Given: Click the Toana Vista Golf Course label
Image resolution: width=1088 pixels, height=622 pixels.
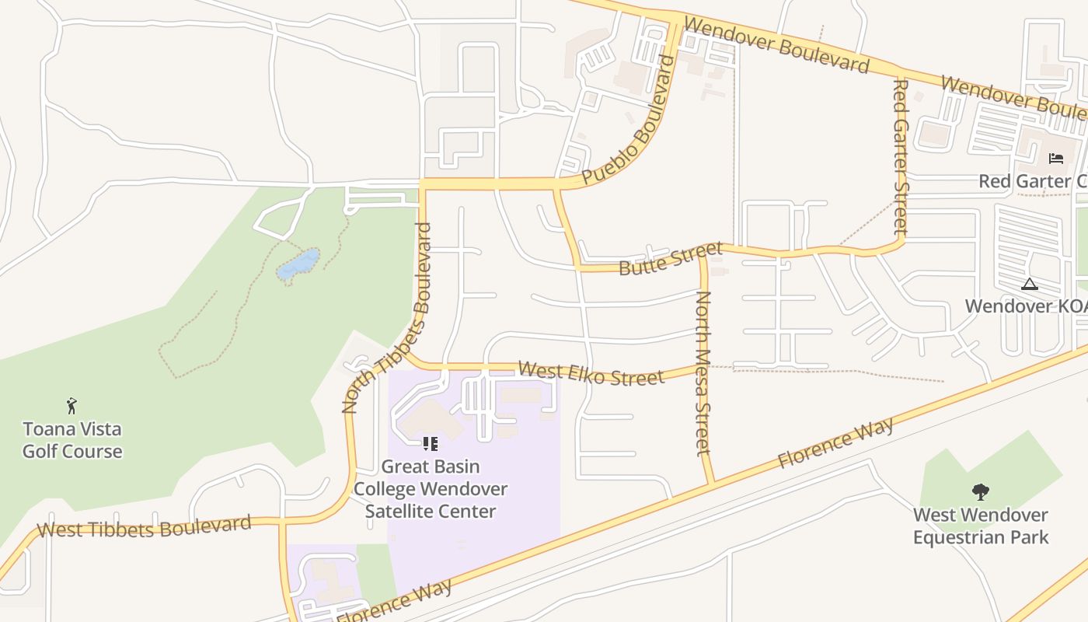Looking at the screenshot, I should coord(72,440).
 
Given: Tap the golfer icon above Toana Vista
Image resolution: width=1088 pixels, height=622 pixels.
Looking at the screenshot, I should coord(72,405).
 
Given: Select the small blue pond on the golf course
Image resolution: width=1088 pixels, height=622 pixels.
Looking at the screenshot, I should coord(298,264).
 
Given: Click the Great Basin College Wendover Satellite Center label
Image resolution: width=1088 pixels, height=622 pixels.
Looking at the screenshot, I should coord(431,489).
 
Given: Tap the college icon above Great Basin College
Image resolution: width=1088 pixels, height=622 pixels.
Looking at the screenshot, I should coord(431,444).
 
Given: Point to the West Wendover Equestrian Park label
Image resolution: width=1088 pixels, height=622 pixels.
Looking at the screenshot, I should coord(981,526).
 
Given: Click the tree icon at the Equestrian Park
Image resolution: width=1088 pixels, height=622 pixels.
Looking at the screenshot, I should coord(981,491).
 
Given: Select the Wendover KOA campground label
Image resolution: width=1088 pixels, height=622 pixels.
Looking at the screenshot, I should coord(1026,306).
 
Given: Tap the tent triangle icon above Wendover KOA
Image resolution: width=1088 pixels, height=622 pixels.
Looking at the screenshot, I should coord(1030,284).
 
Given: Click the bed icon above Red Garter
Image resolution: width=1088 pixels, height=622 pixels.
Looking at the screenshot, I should coord(1056,159).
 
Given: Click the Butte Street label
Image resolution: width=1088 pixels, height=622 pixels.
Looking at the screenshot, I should coord(671,259).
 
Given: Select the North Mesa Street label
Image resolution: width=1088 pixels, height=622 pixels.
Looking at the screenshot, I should coord(703,372).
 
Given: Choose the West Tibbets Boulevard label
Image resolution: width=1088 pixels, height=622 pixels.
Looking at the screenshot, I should coord(144,527).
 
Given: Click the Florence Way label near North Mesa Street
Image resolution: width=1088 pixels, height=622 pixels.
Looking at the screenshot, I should coord(835,442).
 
